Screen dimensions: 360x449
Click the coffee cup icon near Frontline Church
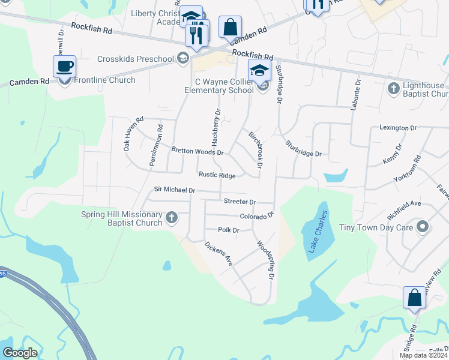(64, 66)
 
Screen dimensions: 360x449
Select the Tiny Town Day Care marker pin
(423, 227)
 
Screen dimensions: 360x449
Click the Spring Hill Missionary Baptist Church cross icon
(172, 217)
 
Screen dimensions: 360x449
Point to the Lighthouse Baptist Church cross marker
(393, 89)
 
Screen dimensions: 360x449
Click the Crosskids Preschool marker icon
(183, 59)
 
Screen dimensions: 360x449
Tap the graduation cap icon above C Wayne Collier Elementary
(260, 70)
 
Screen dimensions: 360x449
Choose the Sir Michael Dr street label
(175, 190)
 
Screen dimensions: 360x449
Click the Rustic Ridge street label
(217, 175)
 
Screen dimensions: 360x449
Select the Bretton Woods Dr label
(197, 152)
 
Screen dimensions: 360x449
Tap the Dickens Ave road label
(218, 253)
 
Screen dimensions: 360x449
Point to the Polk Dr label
(229, 230)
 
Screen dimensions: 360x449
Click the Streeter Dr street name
(240, 202)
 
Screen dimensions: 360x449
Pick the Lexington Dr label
(397, 128)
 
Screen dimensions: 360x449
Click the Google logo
(20, 353)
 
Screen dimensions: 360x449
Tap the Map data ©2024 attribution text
(423, 355)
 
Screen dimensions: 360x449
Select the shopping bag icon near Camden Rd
(230, 27)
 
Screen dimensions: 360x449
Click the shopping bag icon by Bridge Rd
(415, 298)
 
